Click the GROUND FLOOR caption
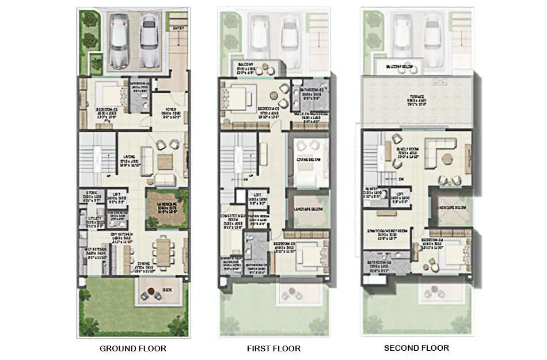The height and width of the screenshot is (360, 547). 133,348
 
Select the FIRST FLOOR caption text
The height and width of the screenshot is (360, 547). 274,348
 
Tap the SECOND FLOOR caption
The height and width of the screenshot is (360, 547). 416,348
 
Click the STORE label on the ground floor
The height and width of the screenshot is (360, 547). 92,193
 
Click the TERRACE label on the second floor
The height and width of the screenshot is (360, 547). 417,96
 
